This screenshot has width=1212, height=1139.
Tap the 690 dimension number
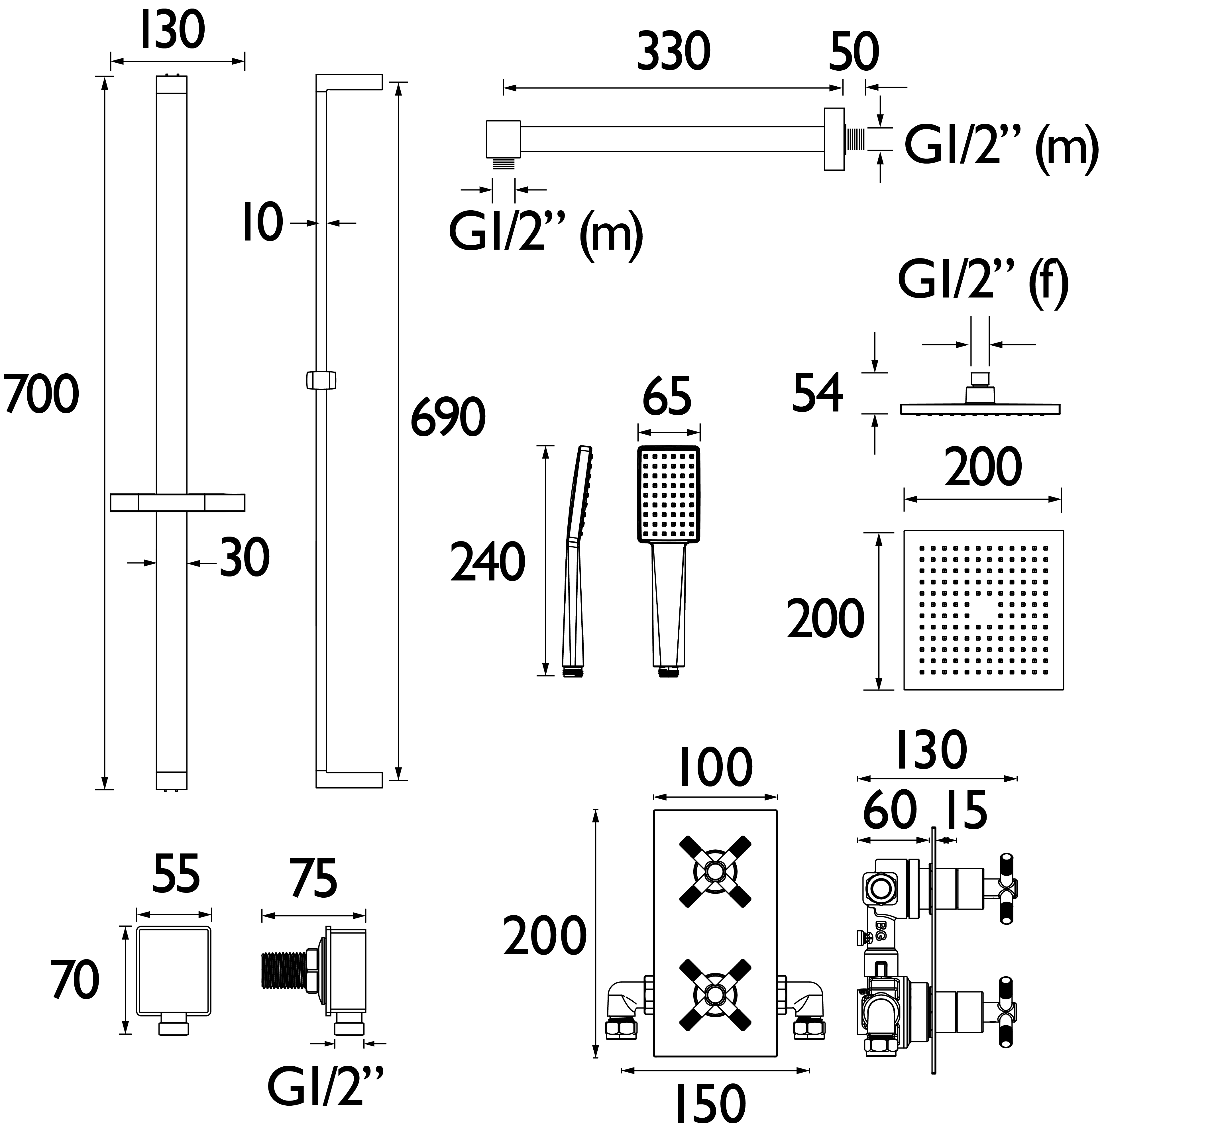(x=448, y=417)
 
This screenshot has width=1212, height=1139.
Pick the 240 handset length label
(x=488, y=562)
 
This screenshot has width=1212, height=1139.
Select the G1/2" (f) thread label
(x=983, y=282)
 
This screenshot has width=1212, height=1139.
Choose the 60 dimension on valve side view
(x=890, y=810)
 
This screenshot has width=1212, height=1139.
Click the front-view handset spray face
(x=669, y=494)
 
